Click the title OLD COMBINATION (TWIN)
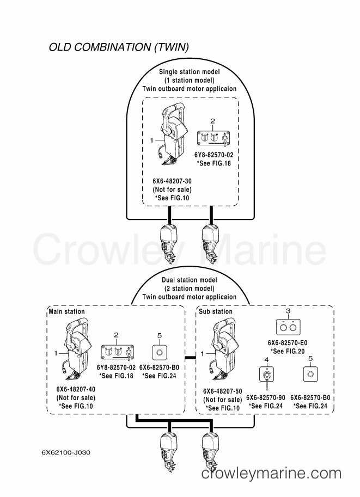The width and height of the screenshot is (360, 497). (x=119, y=47)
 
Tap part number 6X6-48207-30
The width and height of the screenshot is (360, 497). (x=172, y=181)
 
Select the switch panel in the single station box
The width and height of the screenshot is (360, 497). (x=213, y=139)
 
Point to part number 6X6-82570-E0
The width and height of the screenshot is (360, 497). (x=288, y=342)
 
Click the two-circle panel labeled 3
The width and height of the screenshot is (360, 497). (x=288, y=327)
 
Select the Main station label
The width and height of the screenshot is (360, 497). (x=66, y=311)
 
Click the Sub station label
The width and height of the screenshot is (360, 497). (x=216, y=311)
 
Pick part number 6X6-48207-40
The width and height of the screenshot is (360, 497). (x=76, y=389)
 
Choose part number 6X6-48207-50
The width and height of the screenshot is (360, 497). (x=223, y=391)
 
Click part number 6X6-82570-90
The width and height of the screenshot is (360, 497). (x=266, y=397)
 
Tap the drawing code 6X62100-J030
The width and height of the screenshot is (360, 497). (x=66, y=452)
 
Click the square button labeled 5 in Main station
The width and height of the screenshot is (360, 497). (x=160, y=352)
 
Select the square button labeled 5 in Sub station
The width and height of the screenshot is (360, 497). (x=310, y=374)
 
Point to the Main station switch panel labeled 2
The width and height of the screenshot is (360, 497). (x=117, y=353)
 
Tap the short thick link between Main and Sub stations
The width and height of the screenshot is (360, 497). (x=190, y=358)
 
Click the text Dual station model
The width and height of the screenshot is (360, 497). (x=190, y=280)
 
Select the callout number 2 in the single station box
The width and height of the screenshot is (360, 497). (x=213, y=121)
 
